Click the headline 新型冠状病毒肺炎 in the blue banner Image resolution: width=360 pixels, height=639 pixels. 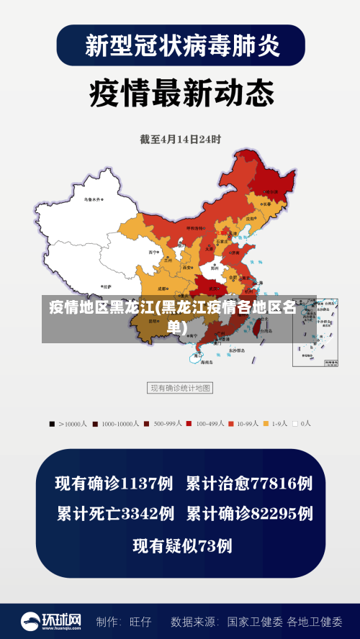(180, 46)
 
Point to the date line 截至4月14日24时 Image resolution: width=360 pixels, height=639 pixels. (180, 139)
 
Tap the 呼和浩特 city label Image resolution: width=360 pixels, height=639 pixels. (196, 227)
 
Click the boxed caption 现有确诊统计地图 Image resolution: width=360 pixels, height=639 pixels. (180, 388)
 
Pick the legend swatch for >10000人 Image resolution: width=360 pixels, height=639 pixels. (52, 424)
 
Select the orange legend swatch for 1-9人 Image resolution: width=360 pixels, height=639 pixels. (266, 424)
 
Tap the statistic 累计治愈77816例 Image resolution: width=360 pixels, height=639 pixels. (249, 484)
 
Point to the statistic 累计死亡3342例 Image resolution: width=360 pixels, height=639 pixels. (115, 514)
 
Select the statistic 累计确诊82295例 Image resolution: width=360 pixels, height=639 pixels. (249, 514)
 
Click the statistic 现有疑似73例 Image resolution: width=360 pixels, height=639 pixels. (182, 545)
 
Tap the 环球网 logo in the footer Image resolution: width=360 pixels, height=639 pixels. (50, 621)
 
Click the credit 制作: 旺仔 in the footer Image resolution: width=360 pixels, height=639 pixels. (124, 621)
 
